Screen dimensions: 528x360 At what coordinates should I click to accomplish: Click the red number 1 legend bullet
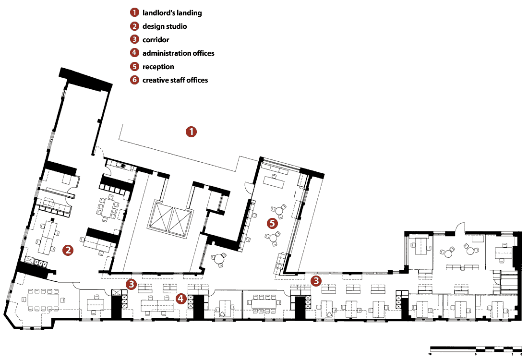pos(134,13)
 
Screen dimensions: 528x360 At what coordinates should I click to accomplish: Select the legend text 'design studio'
pos(165,26)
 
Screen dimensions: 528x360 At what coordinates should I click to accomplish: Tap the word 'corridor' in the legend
pos(156,40)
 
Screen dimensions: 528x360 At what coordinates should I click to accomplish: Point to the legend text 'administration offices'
pos(178,53)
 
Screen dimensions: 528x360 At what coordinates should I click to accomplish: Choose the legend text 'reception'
pos(158,67)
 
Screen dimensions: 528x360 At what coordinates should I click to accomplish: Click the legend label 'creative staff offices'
pos(175,80)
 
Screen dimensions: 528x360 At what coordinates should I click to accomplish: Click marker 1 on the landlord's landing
pos(191,132)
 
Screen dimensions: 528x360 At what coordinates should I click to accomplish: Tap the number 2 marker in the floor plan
pos(68,250)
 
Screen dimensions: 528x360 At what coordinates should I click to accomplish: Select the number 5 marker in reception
pos(273,223)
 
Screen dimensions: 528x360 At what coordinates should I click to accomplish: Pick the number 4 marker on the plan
pos(181,299)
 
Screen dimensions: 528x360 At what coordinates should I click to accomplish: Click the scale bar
pos(476,349)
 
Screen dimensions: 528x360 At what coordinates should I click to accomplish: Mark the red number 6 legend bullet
pos(134,80)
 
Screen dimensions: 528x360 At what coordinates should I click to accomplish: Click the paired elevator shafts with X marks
pos(171,219)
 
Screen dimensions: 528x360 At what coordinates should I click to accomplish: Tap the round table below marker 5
pos(273,238)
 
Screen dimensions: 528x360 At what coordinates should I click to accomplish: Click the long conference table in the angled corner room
pos(43,300)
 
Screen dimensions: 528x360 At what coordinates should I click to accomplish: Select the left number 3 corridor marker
pos(131,284)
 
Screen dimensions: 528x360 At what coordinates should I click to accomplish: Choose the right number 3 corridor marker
pos(316,281)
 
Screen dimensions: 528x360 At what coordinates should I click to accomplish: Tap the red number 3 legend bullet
pos(134,40)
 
